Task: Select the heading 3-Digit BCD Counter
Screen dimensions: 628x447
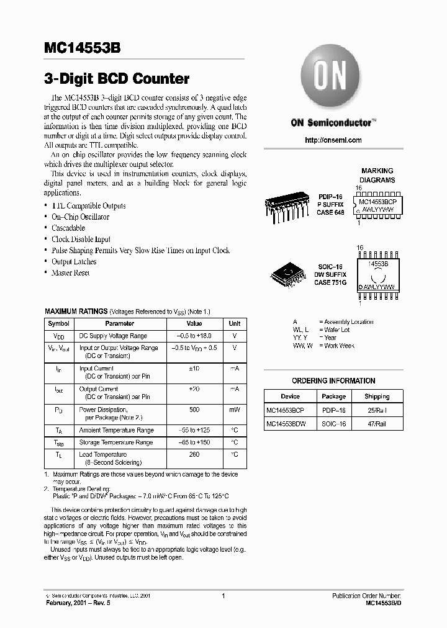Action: pyautogui.click(x=117, y=79)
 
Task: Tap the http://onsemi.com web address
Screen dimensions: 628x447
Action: pyautogui.click(x=333, y=140)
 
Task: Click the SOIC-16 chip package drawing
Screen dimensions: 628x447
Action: pyautogui.click(x=287, y=274)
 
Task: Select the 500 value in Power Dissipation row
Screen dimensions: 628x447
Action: pyautogui.click(x=194, y=410)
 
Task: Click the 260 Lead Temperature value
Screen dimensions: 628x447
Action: pyautogui.click(x=194, y=454)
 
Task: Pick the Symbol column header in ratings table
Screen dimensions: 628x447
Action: pyautogui.click(x=59, y=323)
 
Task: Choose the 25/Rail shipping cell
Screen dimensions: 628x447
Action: pyautogui.click(x=377, y=410)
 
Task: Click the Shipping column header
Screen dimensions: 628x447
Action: pyautogui.click(x=377, y=396)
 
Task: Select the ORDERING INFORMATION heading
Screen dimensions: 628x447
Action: pyautogui.click(x=333, y=380)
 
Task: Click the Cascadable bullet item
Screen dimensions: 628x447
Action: pyautogui.click(x=68, y=228)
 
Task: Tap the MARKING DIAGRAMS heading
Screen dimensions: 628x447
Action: pyautogui.click(x=377, y=175)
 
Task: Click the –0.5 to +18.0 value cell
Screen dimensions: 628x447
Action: pyautogui.click(x=194, y=336)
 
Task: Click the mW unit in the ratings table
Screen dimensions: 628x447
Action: pyautogui.click(x=235, y=410)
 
